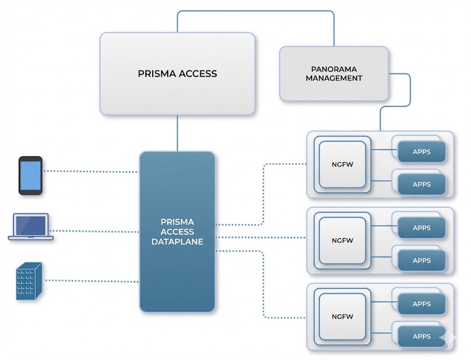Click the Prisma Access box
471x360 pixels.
pos(177,74)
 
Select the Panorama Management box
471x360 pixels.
pos(333,74)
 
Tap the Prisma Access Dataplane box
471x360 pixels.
pos(177,231)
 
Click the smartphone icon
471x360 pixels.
pos(30,175)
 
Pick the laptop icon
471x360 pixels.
pos(31,227)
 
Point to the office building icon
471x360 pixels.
pos(29,280)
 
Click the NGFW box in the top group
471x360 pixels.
pos(342,164)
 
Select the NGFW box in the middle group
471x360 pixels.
pos(342,241)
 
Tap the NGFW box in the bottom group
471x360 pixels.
pos(342,317)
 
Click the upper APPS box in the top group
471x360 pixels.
pos(421,151)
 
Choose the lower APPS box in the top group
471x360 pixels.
pos(421,184)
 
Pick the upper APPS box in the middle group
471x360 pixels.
pos(421,227)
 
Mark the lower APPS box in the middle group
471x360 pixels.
pos(421,260)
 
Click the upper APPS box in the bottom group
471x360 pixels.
pos(421,304)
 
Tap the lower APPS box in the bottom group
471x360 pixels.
pos(421,336)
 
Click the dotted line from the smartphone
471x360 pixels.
pos(91,171)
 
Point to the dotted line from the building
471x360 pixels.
pos(91,281)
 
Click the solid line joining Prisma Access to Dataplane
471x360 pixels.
pos(177,133)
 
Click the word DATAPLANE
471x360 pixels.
pos(177,241)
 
